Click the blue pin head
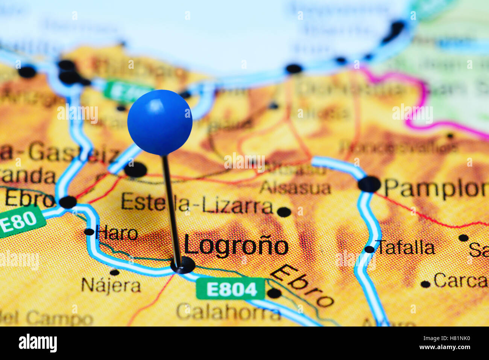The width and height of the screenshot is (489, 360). pyautogui.click(x=160, y=122)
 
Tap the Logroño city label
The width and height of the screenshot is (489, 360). pyautogui.click(x=236, y=246)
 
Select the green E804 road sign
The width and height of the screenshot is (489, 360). pyautogui.click(x=231, y=289)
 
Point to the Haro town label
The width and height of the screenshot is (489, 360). pyautogui.click(x=117, y=233)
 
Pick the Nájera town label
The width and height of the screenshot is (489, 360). pyautogui.click(x=111, y=286)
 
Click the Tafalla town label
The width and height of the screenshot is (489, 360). pyautogui.click(x=406, y=248)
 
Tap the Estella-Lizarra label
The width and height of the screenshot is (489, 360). pyautogui.click(x=197, y=205)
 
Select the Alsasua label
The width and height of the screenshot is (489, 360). pyautogui.click(x=296, y=187)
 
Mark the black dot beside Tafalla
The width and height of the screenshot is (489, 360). pyautogui.click(x=369, y=249)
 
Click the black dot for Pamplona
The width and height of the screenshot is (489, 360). pyautogui.click(x=369, y=184)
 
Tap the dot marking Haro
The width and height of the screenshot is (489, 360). pyautogui.click(x=89, y=232)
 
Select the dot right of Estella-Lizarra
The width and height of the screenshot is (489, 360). pyautogui.click(x=284, y=212)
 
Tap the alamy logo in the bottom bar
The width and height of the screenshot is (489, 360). pyautogui.click(x=38, y=343)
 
